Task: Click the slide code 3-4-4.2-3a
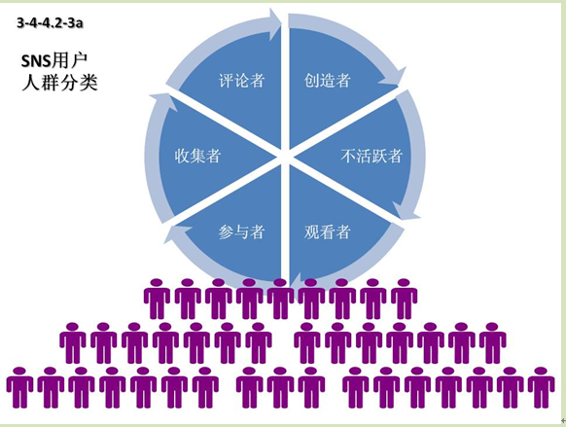(50, 22)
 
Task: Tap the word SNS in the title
(36, 61)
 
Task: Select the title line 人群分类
(60, 83)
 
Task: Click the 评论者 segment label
(241, 80)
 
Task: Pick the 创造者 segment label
(327, 80)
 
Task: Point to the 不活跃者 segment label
(371, 156)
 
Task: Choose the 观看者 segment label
(327, 231)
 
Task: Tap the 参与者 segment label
(241, 231)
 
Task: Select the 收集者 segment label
(197, 156)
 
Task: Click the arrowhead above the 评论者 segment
(275, 23)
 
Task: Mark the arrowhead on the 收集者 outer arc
(164, 102)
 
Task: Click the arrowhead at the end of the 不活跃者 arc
(407, 211)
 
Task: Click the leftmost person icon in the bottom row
(19, 388)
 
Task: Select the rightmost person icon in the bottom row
(541, 388)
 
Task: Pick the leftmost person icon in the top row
(157, 299)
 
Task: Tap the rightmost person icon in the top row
(404, 299)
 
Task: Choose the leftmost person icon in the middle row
(73, 343)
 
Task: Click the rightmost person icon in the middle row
(492, 343)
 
